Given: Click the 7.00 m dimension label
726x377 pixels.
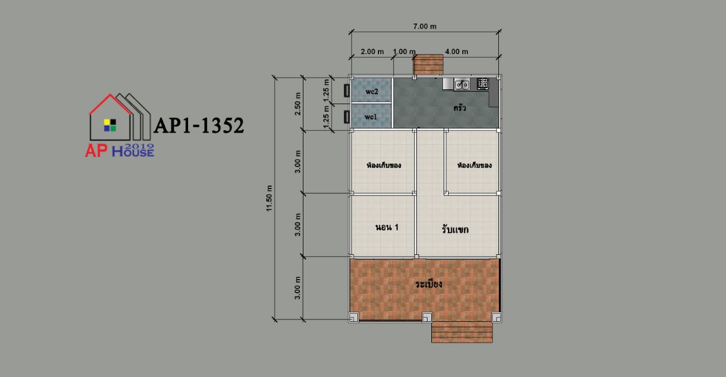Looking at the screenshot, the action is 424,27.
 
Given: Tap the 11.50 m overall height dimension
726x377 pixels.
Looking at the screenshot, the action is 269,198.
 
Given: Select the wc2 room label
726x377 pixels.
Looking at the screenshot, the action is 372,92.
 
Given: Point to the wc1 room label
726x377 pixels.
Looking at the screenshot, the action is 370,117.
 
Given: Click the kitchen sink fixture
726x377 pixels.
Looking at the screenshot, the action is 462,84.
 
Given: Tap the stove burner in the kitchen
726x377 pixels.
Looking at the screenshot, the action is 483,83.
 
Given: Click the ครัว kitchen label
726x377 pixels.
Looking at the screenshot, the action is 459,108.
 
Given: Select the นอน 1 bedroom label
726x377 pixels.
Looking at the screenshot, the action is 387,227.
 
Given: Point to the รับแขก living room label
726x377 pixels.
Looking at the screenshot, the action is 455,229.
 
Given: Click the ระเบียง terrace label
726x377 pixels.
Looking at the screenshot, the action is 428,283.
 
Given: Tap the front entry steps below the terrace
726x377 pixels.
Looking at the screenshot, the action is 462,332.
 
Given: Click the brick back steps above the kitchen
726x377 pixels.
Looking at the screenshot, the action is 428,64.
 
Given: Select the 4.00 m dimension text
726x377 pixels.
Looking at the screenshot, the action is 457,51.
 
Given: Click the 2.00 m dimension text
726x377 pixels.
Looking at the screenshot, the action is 372,51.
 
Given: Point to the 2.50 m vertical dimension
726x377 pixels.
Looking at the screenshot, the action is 298,104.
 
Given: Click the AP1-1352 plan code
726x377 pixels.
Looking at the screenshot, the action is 199,125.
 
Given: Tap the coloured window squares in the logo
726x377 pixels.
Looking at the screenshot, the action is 110,125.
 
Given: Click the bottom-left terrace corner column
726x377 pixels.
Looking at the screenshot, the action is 353,317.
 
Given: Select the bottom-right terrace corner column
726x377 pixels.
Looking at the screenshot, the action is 496,317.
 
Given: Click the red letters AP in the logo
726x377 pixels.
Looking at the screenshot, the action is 96,150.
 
